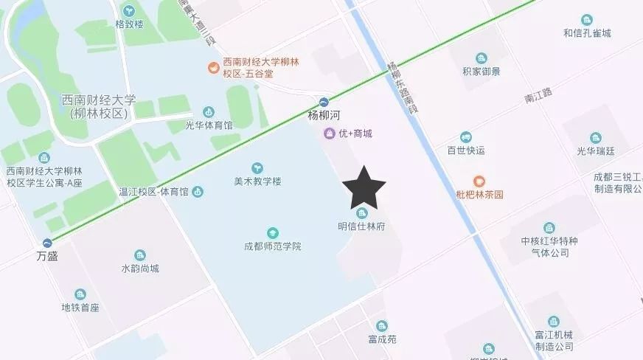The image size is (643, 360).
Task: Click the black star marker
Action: click(363, 187)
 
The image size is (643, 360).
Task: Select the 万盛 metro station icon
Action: click(48, 242)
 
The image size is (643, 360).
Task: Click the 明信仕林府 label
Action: click(361, 226)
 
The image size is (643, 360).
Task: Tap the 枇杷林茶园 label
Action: click(479, 195)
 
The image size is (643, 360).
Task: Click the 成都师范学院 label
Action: click(273, 246)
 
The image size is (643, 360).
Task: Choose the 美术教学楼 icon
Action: click(257, 167)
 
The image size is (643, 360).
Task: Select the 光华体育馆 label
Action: click(209, 125)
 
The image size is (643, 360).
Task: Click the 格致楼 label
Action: click(130, 24)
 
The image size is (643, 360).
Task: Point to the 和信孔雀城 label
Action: click(587, 32)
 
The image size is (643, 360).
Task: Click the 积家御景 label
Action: click(481, 72)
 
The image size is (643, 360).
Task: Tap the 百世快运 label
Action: click(465, 150)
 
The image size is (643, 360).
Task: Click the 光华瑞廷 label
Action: click(595, 150)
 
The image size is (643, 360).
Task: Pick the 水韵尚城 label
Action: click(140, 268)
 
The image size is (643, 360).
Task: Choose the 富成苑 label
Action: click(381, 339)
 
